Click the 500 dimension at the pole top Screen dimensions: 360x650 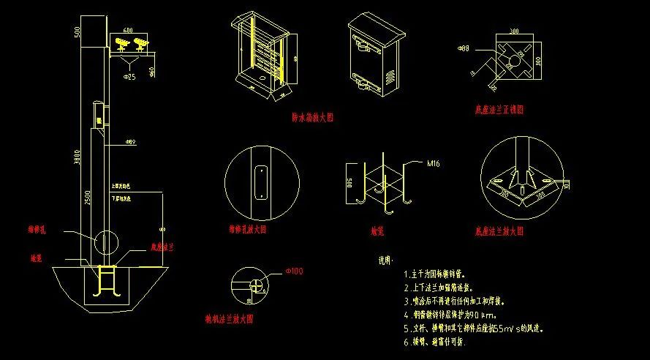pos(77,31)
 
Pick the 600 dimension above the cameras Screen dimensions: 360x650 pos(128,31)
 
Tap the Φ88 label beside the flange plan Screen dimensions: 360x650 pos(463,48)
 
